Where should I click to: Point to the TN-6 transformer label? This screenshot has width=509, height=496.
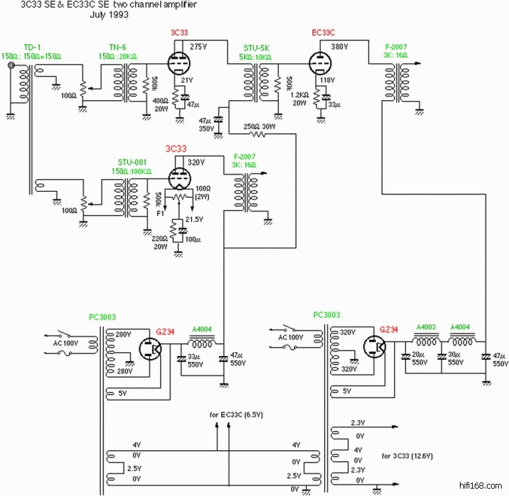click(117, 46)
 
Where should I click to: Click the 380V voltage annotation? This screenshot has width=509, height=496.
click(340, 47)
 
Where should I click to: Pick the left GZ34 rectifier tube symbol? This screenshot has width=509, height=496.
click(152, 349)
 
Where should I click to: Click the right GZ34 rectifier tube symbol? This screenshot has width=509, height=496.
click(375, 348)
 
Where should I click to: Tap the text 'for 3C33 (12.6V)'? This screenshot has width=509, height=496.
click(407, 456)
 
